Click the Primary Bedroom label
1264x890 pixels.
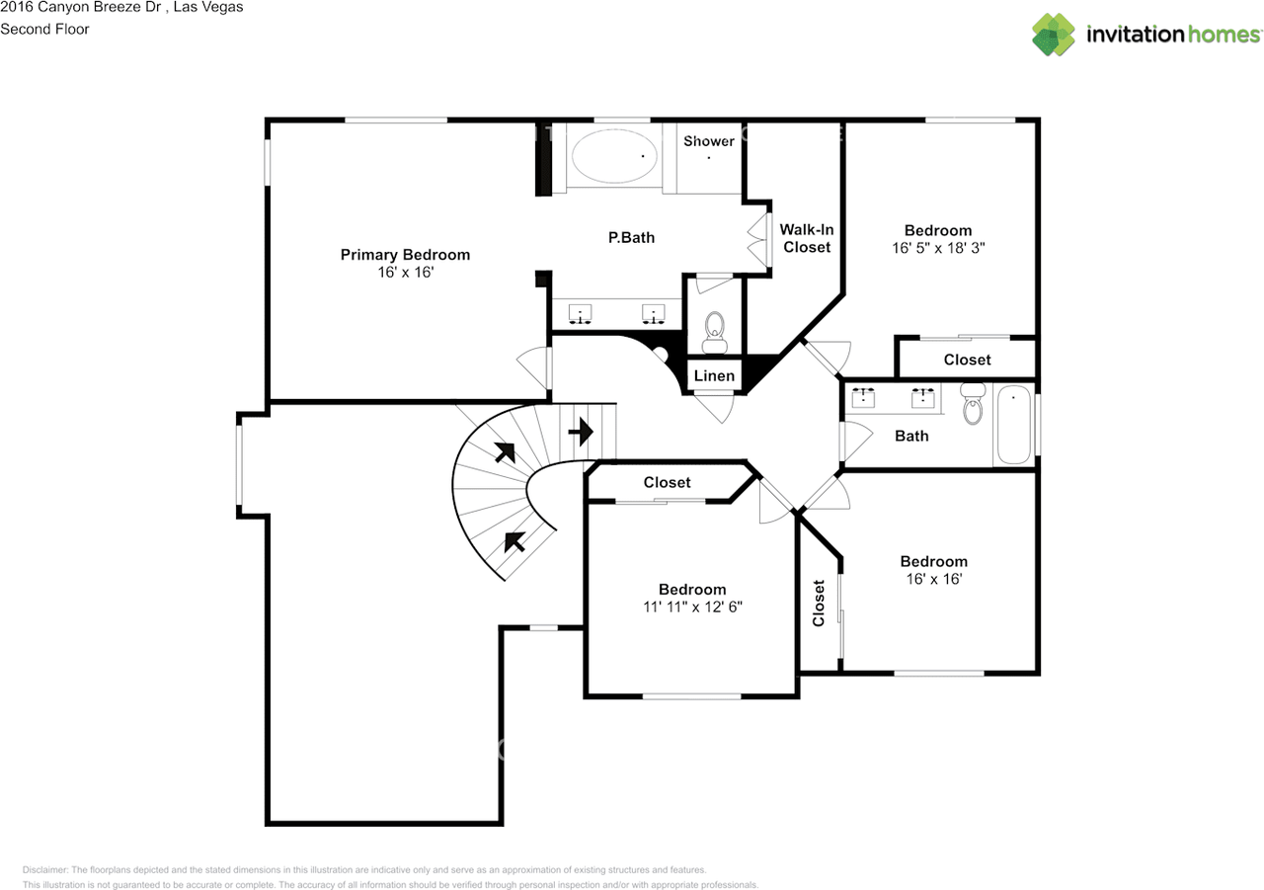coord(405,255)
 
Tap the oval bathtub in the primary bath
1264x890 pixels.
coord(614,156)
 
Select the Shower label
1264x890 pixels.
coord(709,141)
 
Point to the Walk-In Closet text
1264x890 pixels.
coord(807,238)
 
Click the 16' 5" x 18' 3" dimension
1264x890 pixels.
coord(938,248)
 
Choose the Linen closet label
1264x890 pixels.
coord(714,376)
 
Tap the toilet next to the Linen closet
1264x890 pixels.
coord(714,332)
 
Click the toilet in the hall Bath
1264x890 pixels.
coord(973,403)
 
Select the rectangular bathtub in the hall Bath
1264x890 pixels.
coord(1014,425)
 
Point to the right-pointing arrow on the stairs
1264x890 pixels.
coord(581,432)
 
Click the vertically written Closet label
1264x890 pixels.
coord(819,603)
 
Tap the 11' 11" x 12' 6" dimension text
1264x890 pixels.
coord(692,607)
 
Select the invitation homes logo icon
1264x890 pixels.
coord(1054,35)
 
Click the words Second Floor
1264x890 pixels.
coord(44,30)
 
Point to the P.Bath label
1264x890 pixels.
coord(631,238)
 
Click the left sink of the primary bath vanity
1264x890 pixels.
coord(580,314)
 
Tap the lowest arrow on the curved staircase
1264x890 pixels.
coord(514,541)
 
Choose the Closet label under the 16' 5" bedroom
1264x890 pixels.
coord(967,361)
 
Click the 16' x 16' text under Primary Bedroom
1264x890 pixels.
coord(405,272)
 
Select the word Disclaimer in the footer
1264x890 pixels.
coord(44,869)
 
